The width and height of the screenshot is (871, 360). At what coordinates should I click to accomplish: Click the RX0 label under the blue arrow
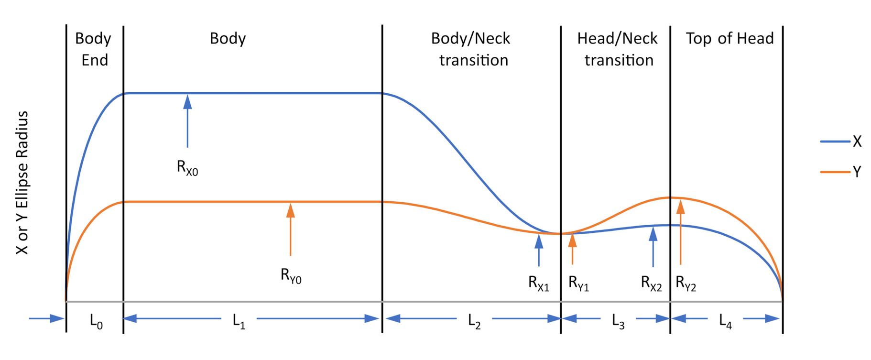(x=187, y=168)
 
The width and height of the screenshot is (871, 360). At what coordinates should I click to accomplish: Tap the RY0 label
(x=291, y=276)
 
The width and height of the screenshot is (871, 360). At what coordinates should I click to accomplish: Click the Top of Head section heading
(x=729, y=38)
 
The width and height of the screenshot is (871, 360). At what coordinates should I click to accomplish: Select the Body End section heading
(x=94, y=49)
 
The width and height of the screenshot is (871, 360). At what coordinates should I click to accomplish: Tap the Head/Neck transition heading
(x=618, y=49)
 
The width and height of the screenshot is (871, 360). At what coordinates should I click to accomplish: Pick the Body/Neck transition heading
(x=471, y=49)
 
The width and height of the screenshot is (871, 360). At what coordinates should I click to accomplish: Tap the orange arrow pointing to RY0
(x=290, y=229)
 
